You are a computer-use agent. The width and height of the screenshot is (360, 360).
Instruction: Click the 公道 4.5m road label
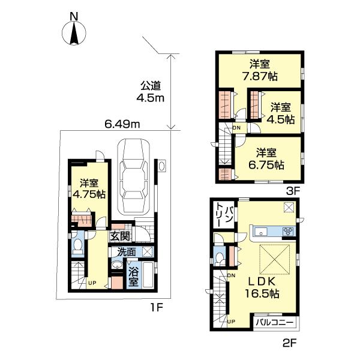[x=152, y=91]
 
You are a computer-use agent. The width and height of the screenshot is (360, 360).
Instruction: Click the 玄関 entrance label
[x=119, y=236]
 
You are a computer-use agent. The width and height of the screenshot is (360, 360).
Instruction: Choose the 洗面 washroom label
[x=126, y=252]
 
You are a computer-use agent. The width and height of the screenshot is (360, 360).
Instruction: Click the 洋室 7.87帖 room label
[x=259, y=70]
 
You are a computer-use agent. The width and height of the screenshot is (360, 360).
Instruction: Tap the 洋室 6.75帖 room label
[x=268, y=158]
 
